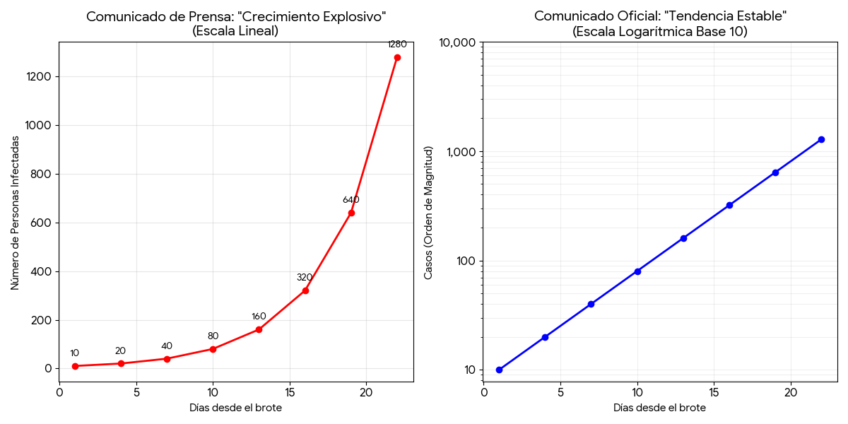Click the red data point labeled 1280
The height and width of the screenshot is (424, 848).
(x=397, y=57)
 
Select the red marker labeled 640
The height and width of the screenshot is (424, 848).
(x=351, y=213)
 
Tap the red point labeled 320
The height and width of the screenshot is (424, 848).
(x=305, y=290)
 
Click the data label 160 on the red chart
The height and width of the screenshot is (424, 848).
(x=259, y=317)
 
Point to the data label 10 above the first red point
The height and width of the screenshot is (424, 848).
(x=74, y=353)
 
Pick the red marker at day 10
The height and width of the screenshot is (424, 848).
(x=213, y=349)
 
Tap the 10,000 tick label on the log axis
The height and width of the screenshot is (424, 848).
(x=457, y=43)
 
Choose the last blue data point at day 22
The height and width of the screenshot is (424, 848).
(x=821, y=139)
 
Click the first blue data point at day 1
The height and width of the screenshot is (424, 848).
(x=500, y=370)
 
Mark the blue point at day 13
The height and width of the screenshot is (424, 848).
(x=683, y=238)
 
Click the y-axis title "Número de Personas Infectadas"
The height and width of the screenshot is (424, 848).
(x=15, y=213)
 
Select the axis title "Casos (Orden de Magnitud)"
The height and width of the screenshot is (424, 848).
(x=428, y=213)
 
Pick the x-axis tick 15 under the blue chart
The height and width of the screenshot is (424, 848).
(x=714, y=391)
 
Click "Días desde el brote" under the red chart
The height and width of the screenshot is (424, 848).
(x=235, y=408)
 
